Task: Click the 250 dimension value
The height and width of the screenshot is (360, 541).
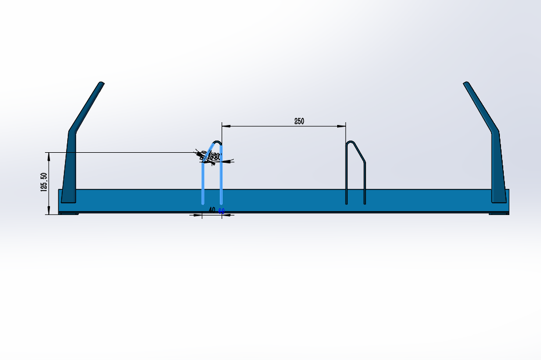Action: click(x=299, y=121)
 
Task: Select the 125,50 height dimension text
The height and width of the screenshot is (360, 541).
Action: click(x=44, y=182)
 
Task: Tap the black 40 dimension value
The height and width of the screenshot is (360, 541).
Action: click(x=212, y=211)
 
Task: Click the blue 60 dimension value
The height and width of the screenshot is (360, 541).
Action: click(x=221, y=211)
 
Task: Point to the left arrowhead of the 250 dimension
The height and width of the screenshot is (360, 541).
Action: click(x=225, y=126)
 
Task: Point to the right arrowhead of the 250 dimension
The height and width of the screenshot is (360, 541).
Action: click(x=342, y=126)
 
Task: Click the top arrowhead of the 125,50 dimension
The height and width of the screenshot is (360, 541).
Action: click(x=49, y=156)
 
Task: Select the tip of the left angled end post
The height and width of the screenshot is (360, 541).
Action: click(x=101, y=84)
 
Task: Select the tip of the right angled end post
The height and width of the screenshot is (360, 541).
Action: click(x=466, y=84)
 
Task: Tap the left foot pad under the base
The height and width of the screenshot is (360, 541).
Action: click(x=69, y=214)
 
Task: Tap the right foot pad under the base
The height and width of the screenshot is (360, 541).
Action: click(x=498, y=214)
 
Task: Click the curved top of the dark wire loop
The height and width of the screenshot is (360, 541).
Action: click(x=350, y=142)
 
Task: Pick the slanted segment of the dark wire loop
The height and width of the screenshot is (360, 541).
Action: click(x=359, y=153)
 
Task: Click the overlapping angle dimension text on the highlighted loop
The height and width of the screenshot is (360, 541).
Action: click(x=211, y=157)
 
